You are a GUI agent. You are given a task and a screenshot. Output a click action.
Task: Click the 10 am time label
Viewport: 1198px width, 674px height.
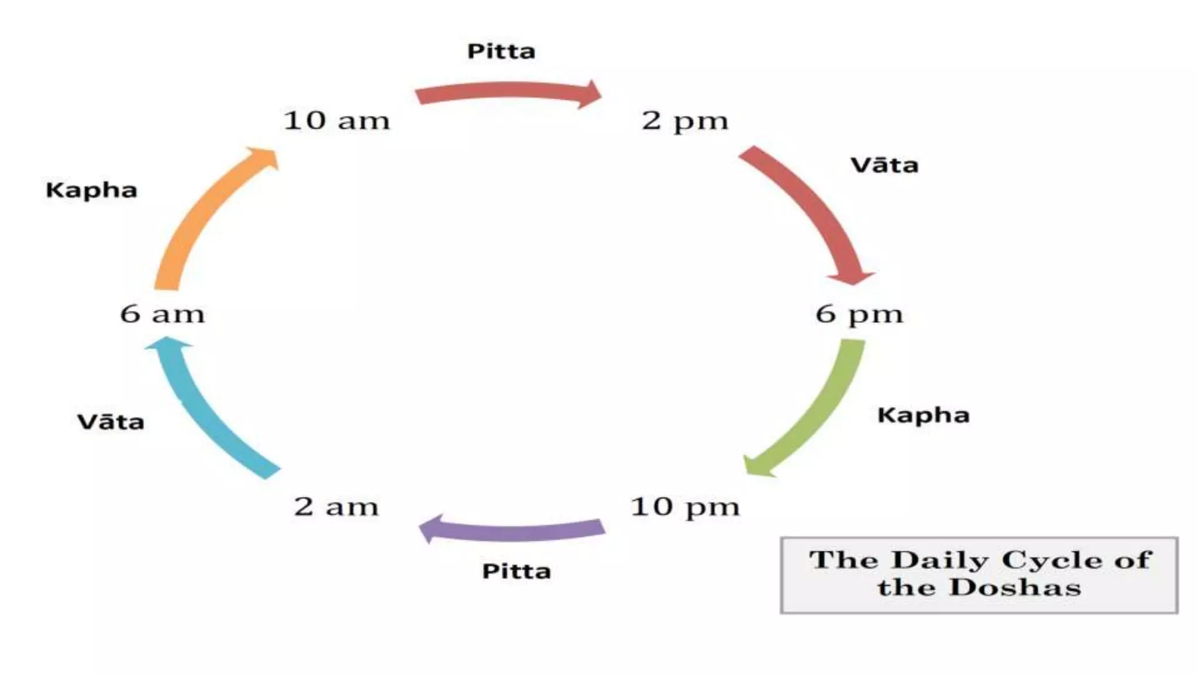[336, 121]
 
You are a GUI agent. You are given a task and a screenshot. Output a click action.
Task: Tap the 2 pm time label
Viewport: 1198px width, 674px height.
[685, 121]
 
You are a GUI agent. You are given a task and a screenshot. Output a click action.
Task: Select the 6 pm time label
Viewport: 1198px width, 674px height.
[859, 314]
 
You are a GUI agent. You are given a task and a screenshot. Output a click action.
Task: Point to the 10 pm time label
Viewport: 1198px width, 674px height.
[684, 507]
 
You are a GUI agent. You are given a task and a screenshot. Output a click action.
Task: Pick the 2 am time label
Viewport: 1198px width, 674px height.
[336, 506]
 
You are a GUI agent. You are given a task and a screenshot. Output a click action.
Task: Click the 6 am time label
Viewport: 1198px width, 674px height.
[163, 314]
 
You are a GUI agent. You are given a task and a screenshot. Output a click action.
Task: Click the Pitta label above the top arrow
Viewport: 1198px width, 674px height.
[501, 51]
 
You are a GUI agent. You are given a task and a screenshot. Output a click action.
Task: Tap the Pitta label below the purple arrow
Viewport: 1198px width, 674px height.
[516, 572]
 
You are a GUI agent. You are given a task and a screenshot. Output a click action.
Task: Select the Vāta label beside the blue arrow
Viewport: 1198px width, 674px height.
[111, 422]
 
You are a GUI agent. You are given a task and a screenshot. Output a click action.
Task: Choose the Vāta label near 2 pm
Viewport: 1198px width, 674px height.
[884, 166]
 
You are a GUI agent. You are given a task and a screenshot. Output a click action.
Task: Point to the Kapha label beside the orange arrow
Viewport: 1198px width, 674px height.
[91, 190]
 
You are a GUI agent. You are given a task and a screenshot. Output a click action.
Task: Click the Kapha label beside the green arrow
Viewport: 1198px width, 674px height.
[923, 415]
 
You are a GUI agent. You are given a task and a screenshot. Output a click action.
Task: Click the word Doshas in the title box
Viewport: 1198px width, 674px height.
[1014, 587]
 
